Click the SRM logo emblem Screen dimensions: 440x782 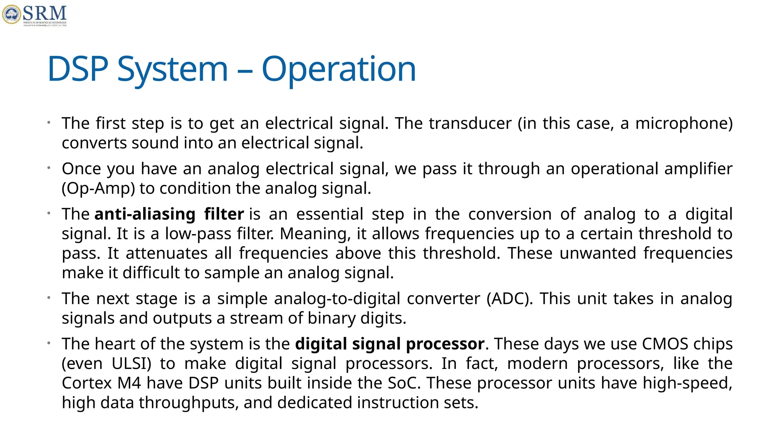(x=12, y=15)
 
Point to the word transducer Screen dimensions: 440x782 (x=470, y=123)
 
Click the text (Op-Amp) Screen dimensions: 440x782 (x=99, y=189)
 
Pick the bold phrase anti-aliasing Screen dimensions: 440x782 (x=145, y=214)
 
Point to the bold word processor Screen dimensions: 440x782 (x=445, y=344)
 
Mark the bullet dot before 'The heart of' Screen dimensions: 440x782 (x=49, y=343)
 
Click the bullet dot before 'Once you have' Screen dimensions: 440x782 (x=49, y=168)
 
